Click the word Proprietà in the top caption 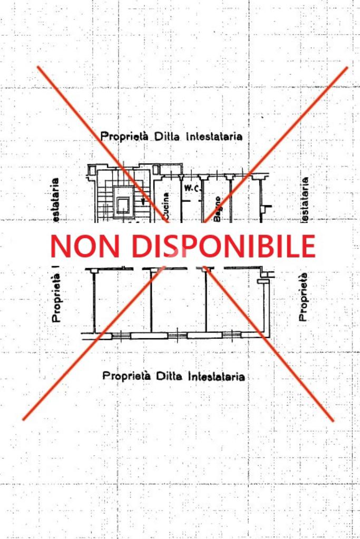[x=125, y=136]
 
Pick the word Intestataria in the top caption [x=214, y=136]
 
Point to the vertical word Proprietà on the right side [x=304, y=297]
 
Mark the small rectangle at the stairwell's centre [x=123, y=204]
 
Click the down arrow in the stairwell [x=142, y=201]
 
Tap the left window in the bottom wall [x=121, y=335]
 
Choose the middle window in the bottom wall [x=177, y=335]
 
